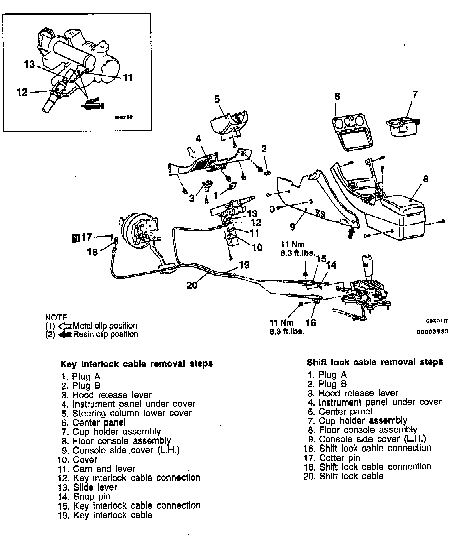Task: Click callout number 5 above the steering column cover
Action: click(x=217, y=99)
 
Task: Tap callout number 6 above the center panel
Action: click(x=337, y=97)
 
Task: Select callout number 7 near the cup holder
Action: click(x=415, y=94)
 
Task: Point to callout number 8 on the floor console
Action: click(x=426, y=179)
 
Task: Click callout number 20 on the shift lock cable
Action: click(x=192, y=285)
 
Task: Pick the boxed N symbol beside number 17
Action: click(x=75, y=238)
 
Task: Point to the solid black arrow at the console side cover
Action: click(x=351, y=232)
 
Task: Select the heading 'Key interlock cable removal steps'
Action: click(x=137, y=364)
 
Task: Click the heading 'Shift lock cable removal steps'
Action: click(x=375, y=362)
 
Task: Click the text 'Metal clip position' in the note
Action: click(x=105, y=325)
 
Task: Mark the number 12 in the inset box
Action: click(x=22, y=92)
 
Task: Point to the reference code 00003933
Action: click(x=432, y=332)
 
